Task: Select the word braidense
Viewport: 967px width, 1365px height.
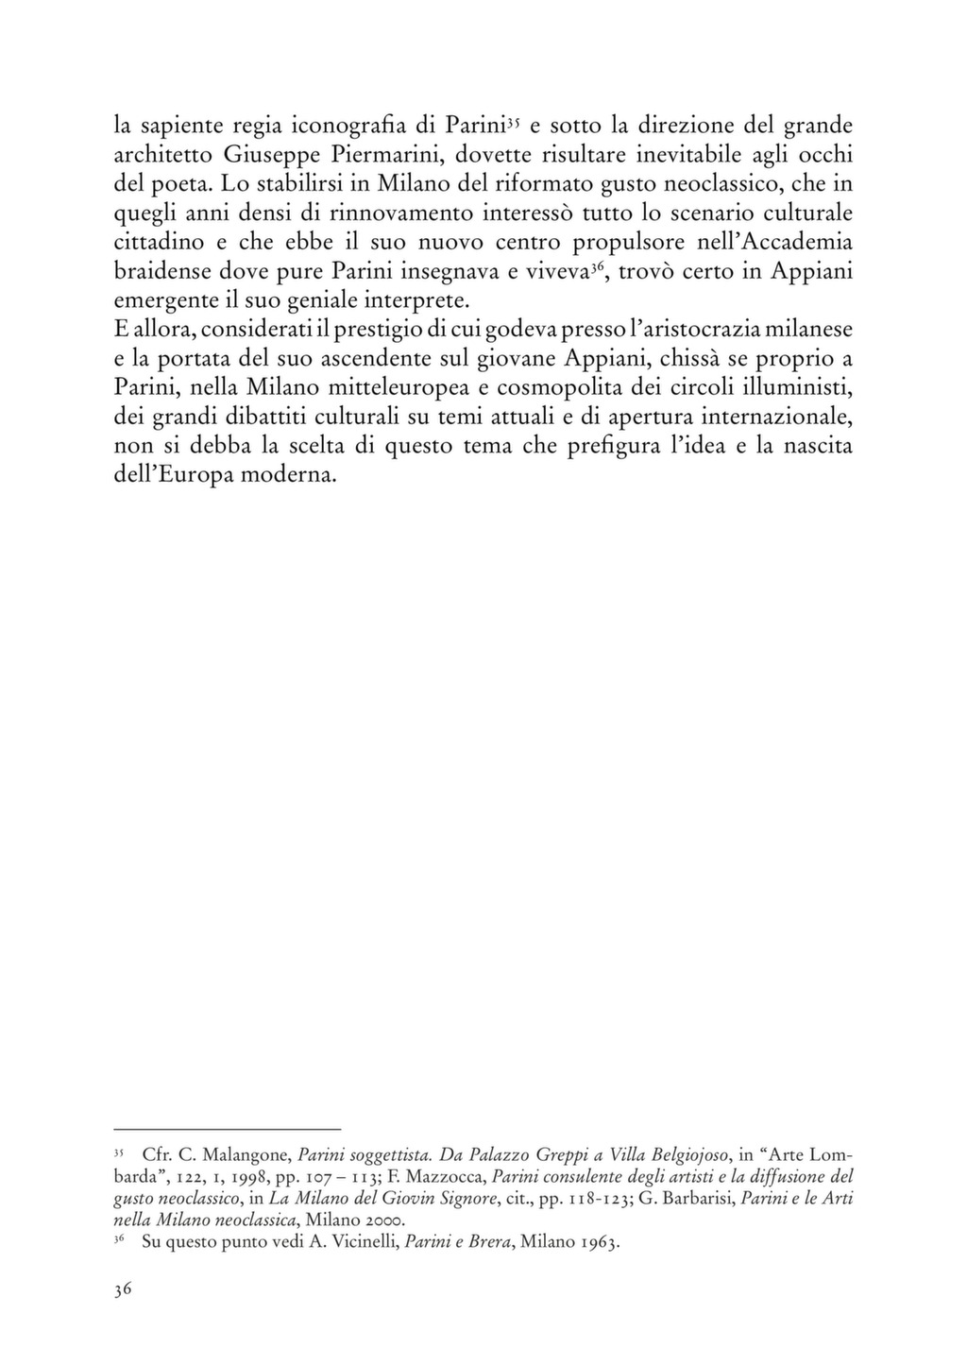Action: click(x=161, y=271)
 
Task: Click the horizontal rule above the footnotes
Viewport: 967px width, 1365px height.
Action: click(x=227, y=1129)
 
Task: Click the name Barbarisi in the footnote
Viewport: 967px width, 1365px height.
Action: click(x=693, y=1199)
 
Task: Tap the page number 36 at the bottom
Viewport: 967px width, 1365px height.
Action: click(x=122, y=1292)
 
